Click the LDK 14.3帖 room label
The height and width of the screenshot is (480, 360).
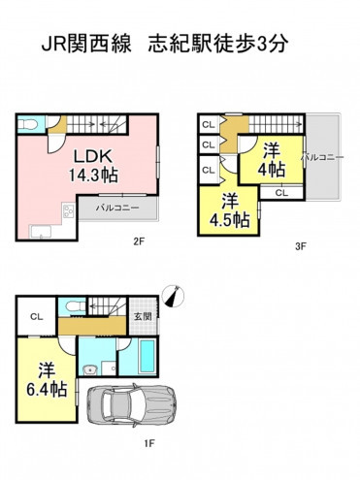(93, 166)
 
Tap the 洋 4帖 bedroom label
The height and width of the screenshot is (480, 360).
(271, 160)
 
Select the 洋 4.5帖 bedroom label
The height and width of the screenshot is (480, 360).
(229, 210)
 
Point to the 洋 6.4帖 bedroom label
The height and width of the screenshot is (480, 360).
(47, 380)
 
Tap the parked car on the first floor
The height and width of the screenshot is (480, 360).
(132, 405)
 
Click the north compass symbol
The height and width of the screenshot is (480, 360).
(172, 296)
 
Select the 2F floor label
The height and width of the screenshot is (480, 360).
(139, 241)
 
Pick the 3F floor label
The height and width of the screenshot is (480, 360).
(301, 246)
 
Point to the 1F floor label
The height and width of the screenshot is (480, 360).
(149, 443)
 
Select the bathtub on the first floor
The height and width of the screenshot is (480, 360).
(147, 356)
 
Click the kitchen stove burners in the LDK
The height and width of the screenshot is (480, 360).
(69, 210)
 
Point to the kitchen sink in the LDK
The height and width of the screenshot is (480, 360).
(41, 232)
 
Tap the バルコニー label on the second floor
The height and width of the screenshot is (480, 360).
(117, 208)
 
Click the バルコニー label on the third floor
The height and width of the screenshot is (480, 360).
(322, 157)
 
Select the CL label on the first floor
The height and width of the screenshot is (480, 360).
(37, 317)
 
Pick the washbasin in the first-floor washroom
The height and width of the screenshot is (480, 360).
(88, 369)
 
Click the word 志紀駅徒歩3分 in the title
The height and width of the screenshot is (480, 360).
(217, 44)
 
